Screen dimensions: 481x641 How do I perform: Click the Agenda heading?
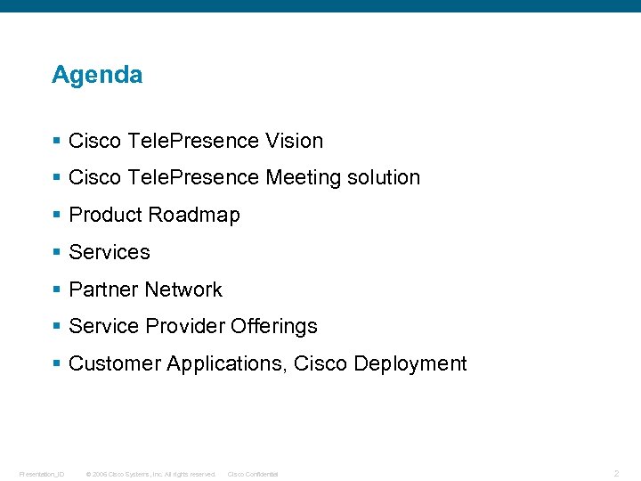(97, 75)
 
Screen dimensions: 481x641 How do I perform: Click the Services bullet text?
(110, 253)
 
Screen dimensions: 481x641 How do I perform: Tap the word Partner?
(103, 290)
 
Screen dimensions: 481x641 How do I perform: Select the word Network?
(183, 290)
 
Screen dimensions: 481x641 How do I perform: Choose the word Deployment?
(410, 364)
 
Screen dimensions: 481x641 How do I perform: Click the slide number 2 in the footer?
(616, 474)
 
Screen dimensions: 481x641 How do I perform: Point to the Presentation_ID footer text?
(42, 474)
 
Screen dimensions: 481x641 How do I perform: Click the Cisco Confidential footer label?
(253, 474)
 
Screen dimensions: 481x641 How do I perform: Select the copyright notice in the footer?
(150, 474)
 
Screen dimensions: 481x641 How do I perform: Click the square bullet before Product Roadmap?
(57, 216)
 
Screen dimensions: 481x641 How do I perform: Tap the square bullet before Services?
(57, 253)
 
